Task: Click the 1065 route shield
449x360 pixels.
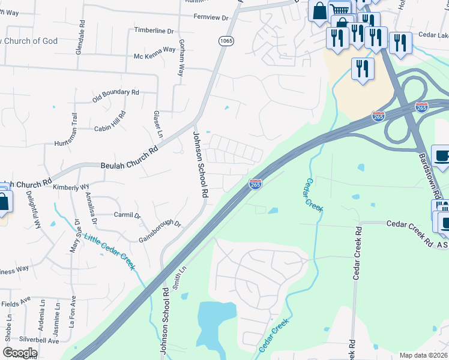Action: [226, 41]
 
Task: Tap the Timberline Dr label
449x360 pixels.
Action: [154, 30]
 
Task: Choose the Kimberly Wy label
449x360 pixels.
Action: [71, 187]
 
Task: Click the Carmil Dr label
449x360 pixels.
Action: [127, 215]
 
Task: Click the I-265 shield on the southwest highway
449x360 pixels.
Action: [255, 185]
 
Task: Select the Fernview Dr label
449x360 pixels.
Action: [211, 17]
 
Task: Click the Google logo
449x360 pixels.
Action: [20, 352]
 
